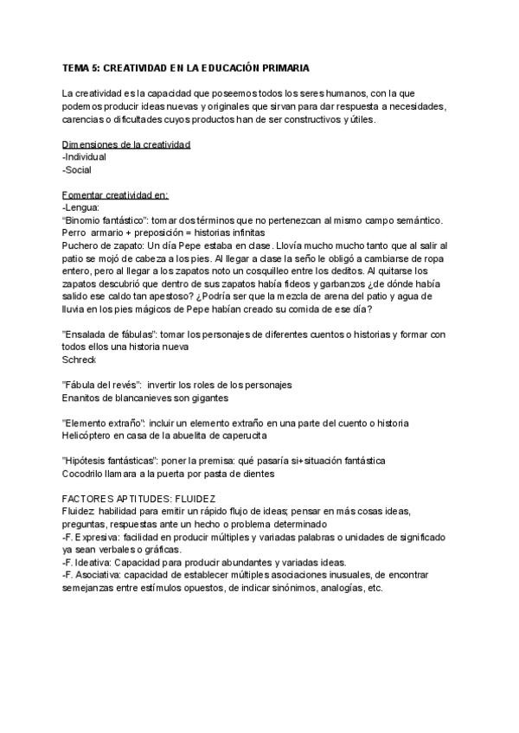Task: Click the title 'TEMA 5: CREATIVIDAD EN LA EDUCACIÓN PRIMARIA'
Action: pos(186,67)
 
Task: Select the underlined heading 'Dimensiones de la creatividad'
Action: pos(126,144)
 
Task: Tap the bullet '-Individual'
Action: pos(84,157)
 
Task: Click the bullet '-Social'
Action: pos(78,170)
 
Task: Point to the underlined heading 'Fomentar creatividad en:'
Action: pos(115,195)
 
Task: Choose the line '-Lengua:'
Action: pos(80,208)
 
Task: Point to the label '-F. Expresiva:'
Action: pos(93,537)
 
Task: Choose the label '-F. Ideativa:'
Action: pos(90,562)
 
